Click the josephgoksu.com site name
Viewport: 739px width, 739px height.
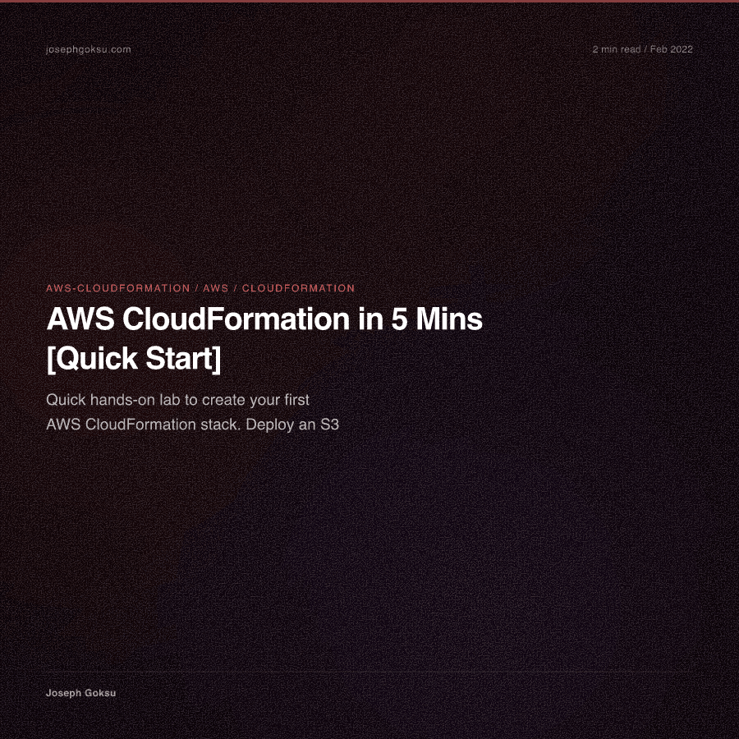pyautogui.click(x=89, y=49)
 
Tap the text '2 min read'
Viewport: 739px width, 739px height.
pyautogui.click(x=617, y=49)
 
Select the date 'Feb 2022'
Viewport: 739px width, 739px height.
pyautogui.click(x=672, y=49)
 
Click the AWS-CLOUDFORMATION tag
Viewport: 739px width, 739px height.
pyautogui.click(x=117, y=288)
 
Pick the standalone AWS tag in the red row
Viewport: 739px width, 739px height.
pyautogui.click(x=216, y=288)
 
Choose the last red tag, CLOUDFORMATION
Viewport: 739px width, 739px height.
pyautogui.click(x=298, y=288)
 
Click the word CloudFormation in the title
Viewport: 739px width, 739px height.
pyautogui.click(x=236, y=319)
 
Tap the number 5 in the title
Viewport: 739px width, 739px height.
pyautogui.click(x=399, y=319)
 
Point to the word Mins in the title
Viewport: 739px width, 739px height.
pyautogui.click(x=449, y=319)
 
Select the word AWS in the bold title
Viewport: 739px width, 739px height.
pyautogui.click(x=80, y=319)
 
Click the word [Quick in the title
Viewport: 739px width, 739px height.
pyautogui.click(x=92, y=359)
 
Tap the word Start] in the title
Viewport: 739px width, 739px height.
pyautogui.click(x=183, y=359)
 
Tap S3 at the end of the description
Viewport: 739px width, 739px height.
pyautogui.click(x=330, y=425)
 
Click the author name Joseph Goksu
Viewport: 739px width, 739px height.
pyautogui.click(x=80, y=693)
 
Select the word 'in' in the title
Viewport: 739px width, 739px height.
pyautogui.click(x=370, y=319)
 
